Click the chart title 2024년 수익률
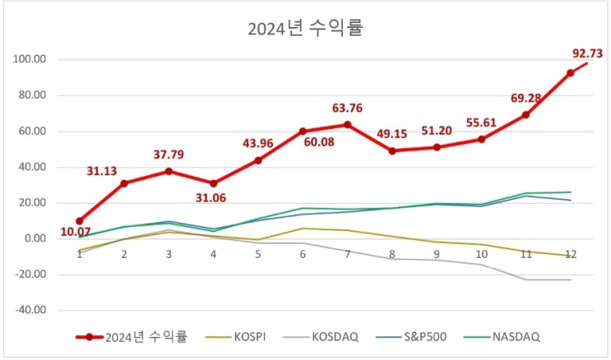click(305, 30)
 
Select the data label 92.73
click(587, 53)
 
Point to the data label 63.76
click(347, 107)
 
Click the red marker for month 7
click(347, 125)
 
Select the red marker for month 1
click(80, 221)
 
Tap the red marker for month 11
click(525, 115)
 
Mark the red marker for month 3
click(169, 171)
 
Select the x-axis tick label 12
click(569, 255)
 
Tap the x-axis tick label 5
click(257, 255)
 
